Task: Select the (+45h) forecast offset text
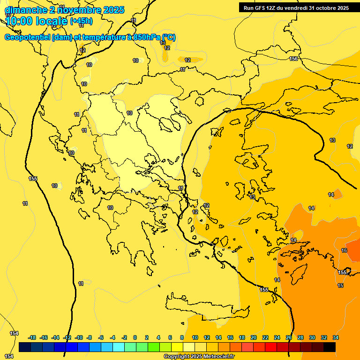click(x=81, y=21)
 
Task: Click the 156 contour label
click(x=293, y=59)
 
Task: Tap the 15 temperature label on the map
click(x=340, y=285)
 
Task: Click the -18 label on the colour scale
click(x=32, y=337)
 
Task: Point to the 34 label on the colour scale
click(x=336, y=337)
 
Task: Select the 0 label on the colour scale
click(x=135, y=337)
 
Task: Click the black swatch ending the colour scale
click(x=330, y=347)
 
